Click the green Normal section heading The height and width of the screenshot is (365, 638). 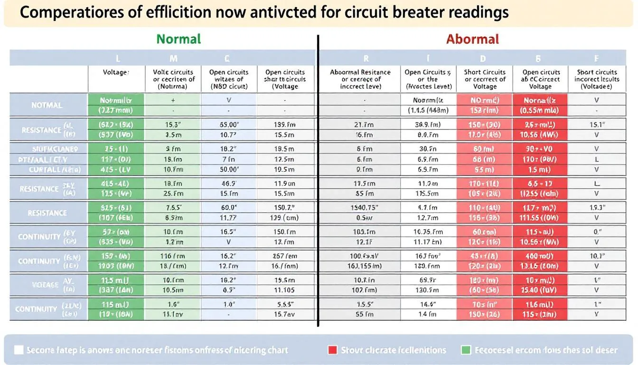pos(178,39)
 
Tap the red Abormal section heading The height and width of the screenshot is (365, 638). pos(472,39)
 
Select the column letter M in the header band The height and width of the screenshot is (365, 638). pos(174,58)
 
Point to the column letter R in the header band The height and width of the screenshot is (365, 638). pos(366,58)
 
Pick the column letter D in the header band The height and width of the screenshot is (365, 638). pos(483,58)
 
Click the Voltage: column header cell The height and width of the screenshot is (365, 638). pos(116,72)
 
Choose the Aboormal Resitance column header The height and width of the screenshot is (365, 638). pos(360,79)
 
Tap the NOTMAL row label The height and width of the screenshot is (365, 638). pos(47,105)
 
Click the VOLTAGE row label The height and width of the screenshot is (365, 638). pos(45,285)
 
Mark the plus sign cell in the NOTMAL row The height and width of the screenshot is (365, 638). pos(173,100)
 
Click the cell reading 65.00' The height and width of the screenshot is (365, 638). pos(229,125)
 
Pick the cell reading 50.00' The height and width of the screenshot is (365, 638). pos(229,170)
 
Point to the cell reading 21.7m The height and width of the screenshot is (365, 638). pos(364,125)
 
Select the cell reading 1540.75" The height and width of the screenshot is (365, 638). pos(364,207)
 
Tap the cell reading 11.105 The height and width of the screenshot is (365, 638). pos(285,289)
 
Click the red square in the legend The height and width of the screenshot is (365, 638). pos(332,350)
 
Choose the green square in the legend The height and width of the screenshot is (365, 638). pos(466,350)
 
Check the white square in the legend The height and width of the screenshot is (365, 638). pos(19,350)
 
